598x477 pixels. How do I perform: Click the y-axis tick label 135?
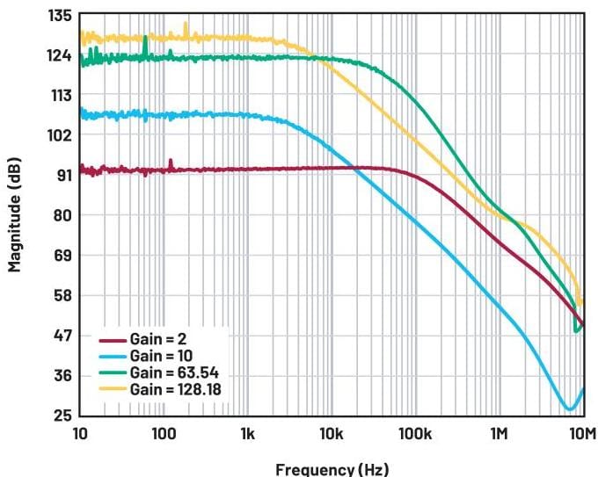tap(59, 16)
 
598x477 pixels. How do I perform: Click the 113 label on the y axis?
tap(59, 95)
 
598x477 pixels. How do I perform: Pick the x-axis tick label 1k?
tap(247, 433)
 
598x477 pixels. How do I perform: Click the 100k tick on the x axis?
tap(414, 433)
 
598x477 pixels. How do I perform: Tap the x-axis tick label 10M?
tap(581, 433)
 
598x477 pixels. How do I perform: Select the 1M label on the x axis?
tap(499, 433)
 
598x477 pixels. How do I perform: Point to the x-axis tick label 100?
tap(164, 433)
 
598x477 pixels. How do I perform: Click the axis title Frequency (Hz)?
tap(332, 468)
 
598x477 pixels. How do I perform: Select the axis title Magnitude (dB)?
tap(16, 215)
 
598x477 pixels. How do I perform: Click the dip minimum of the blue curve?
tap(571, 408)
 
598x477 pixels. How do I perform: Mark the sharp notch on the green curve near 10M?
tap(576, 331)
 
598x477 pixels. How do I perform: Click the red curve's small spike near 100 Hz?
tap(171, 161)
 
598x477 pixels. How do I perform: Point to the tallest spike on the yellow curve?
tap(186, 24)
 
